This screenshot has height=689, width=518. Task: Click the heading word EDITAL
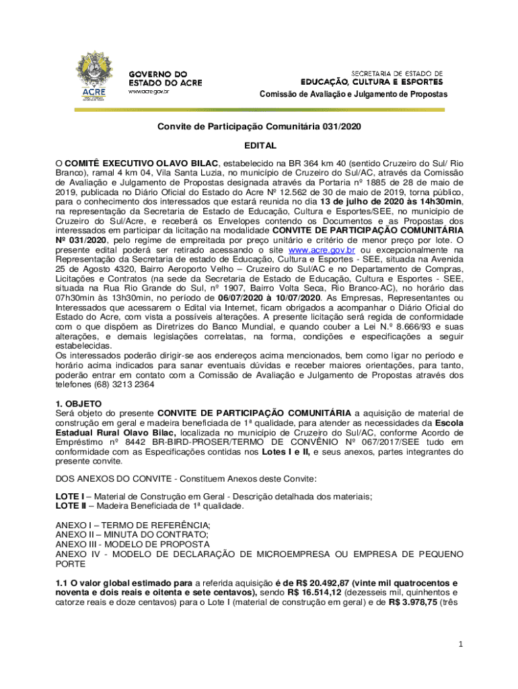click(x=260, y=145)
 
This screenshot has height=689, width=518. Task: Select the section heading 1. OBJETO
click(x=78, y=404)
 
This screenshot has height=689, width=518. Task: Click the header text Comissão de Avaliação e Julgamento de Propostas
click(x=353, y=94)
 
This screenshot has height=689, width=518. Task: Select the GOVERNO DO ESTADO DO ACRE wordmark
click(x=164, y=78)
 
